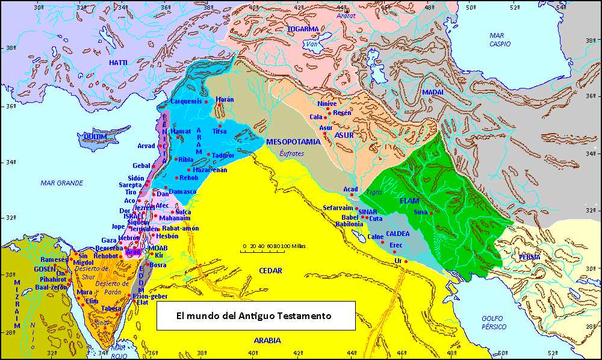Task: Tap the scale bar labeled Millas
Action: [x=274, y=250]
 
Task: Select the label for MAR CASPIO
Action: [x=500, y=40]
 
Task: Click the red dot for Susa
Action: [x=431, y=213]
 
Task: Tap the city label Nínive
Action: [x=327, y=104]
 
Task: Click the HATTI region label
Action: [x=118, y=63]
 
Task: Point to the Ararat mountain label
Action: [x=347, y=16]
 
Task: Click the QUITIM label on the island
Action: [x=96, y=137]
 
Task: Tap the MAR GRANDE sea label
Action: [x=62, y=182]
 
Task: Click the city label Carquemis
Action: [x=186, y=101]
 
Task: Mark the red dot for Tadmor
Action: [x=208, y=155]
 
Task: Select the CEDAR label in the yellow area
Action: [x=271, y=271]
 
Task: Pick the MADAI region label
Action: [x=432, y=92]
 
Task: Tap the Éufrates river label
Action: [x=292, y=154]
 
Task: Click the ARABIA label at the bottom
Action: [x=267, y=341]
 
